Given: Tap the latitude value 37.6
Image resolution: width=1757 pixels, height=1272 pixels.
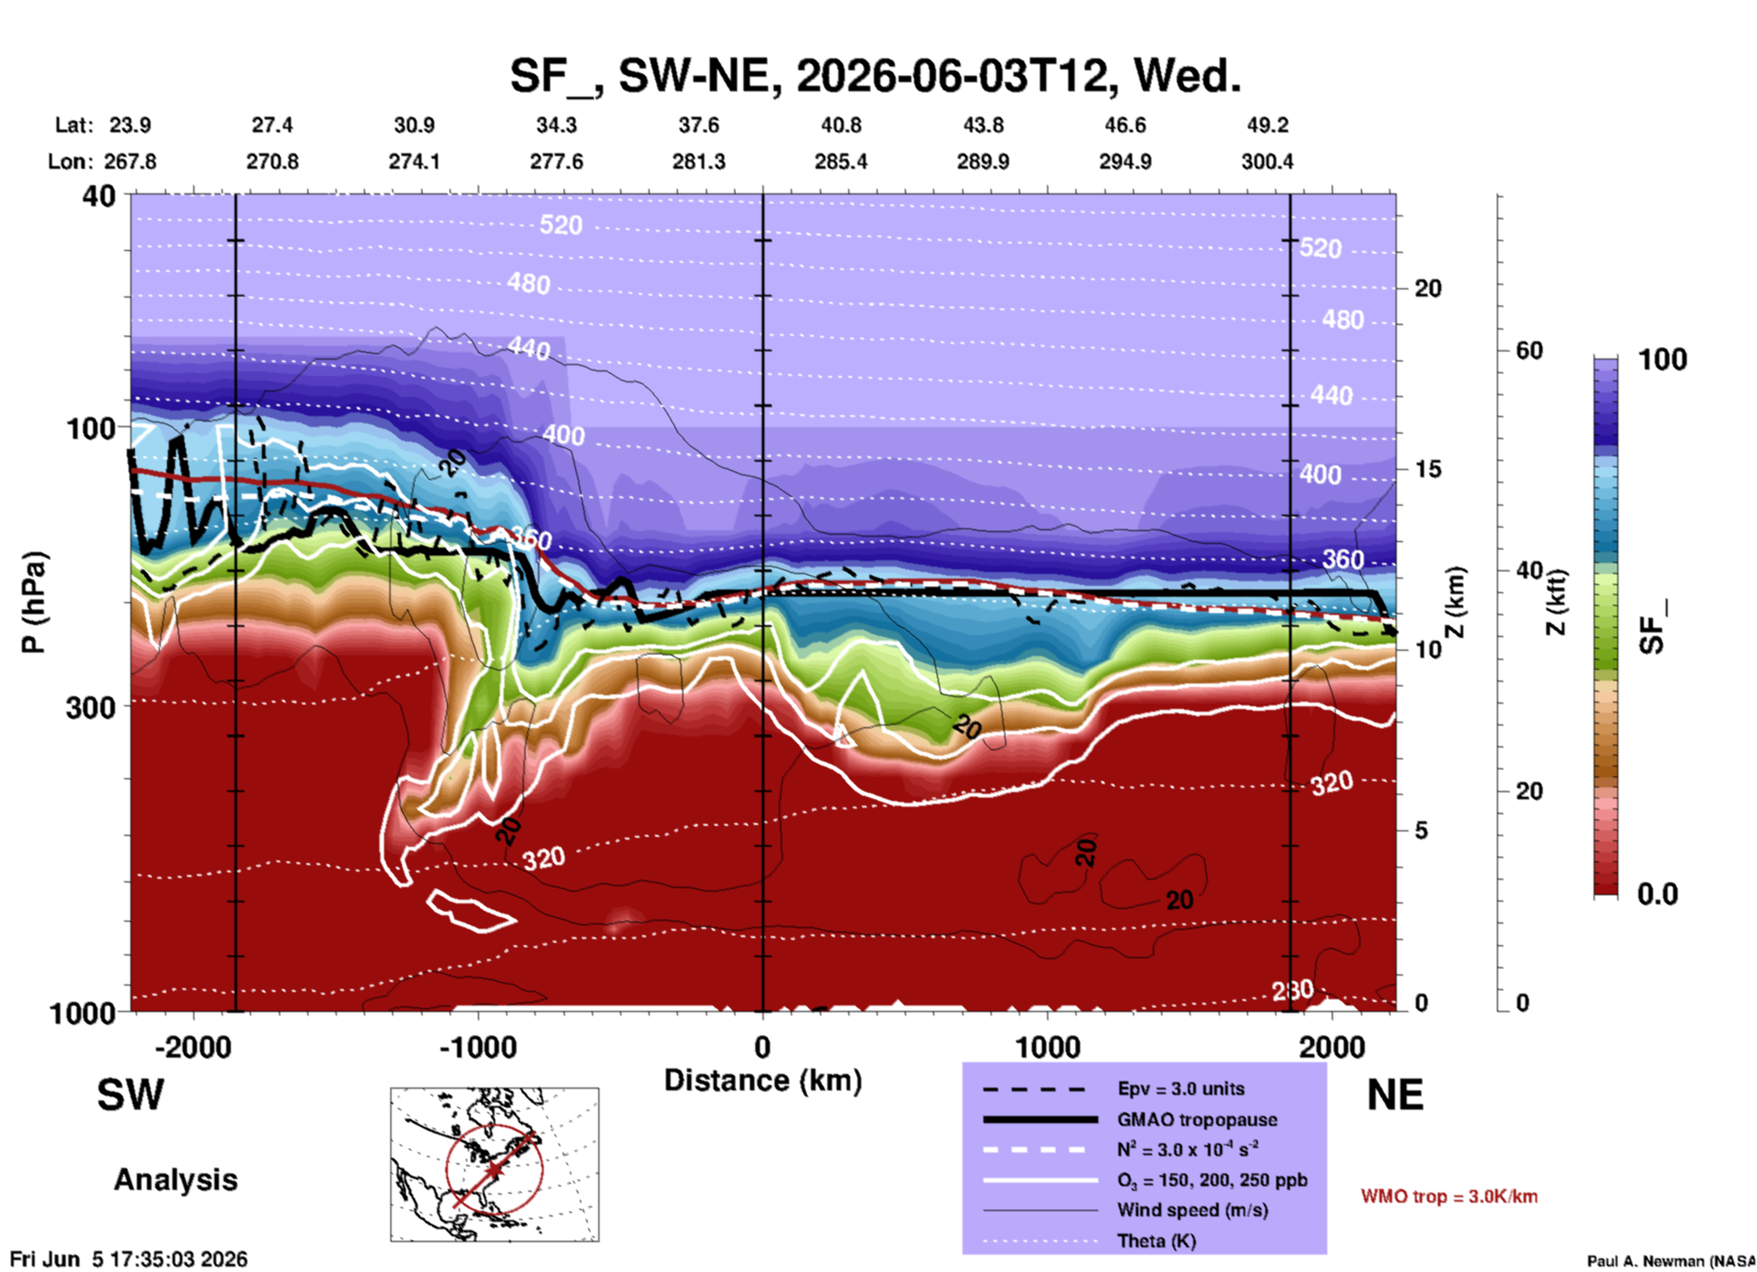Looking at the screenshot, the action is (x=699, y=125).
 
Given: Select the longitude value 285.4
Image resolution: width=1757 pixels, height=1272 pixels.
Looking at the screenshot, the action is (x=841, y=162).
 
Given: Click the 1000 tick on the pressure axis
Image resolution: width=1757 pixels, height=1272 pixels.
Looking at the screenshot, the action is (x=82, y=1013).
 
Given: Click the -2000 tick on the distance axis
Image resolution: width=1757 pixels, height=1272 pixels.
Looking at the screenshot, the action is (x=193, y=1048).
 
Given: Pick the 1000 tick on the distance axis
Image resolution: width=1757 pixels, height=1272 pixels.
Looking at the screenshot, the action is (x=1047, y=1048).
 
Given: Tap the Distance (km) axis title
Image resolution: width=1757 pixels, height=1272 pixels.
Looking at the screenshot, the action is (x=763, y=1080).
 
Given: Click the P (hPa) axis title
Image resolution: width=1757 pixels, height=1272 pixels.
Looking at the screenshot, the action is (x=33, y=602).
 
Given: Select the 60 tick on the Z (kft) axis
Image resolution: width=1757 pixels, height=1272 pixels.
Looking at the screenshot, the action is (x=1529, y=350).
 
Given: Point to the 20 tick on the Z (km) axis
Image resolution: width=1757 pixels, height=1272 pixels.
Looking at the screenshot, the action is (x=1428, y=288).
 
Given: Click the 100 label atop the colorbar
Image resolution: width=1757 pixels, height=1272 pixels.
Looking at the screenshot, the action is (x=1662, y=360).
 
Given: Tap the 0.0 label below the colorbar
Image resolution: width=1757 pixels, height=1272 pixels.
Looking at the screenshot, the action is (x=1658, y=894).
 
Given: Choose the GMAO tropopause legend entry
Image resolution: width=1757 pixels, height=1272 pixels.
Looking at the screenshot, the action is (x=1197, y=1120).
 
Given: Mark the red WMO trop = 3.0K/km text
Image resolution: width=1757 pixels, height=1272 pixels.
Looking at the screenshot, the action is (x=1449, y=1196).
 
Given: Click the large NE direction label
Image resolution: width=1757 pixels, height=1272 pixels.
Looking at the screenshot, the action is (x=1395, y=1095).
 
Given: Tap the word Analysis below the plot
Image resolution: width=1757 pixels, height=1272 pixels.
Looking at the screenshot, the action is (x=175, y=1180).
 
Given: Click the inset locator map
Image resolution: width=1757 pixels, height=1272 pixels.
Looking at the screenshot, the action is (x=494, y=1164).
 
